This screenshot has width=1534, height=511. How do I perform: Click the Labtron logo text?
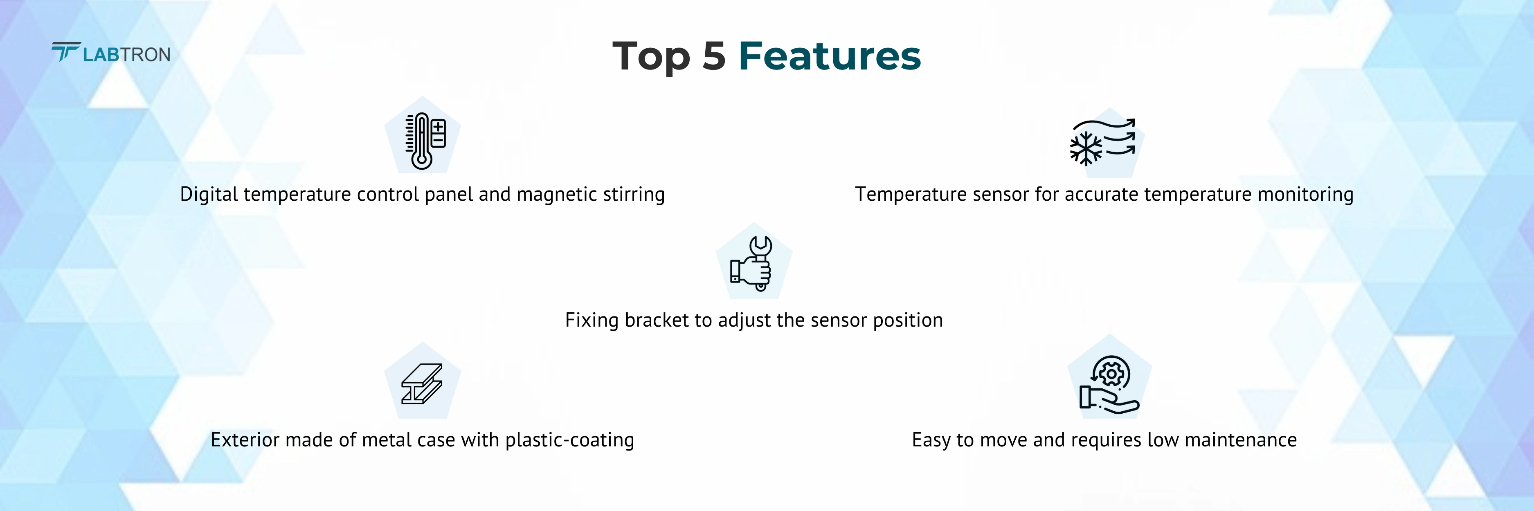(126, 55)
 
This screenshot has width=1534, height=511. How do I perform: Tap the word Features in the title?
(830, 56)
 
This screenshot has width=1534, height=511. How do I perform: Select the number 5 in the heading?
(714, 56)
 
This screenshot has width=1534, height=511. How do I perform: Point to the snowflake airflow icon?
(1102, 141)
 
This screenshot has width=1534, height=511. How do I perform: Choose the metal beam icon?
(422, 384)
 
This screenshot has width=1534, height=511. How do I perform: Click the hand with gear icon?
(1109, 384)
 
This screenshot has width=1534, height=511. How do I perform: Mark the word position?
(908, 320)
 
